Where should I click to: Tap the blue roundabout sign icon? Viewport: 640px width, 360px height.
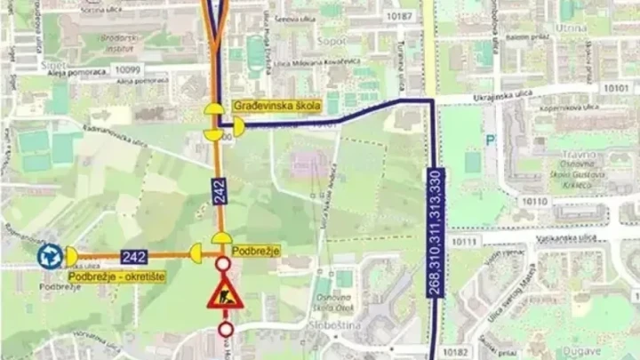[x=49, y=257]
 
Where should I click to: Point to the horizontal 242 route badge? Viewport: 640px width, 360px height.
[x=133, y=256]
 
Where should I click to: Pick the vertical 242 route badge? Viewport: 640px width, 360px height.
[x=219, y=191]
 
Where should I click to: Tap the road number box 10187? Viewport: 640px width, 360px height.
[x=401, y=16]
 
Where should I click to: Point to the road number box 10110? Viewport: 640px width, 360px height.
[x=535, y=202]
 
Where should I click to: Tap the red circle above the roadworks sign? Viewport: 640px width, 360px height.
[x=222, y=264]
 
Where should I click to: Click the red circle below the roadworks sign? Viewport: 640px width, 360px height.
[x=222, y=330]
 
